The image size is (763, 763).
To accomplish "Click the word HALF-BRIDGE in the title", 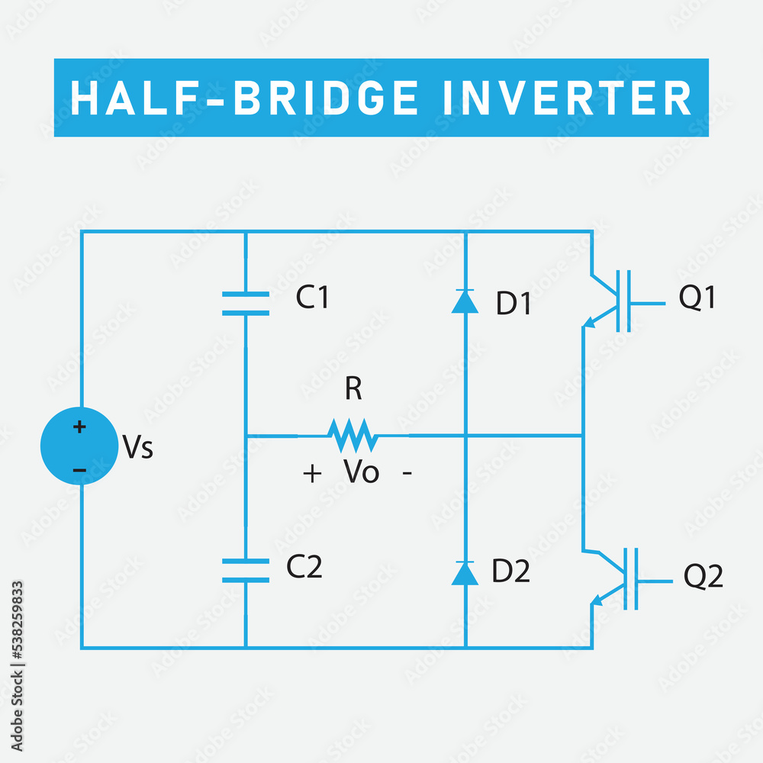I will click(245, 98).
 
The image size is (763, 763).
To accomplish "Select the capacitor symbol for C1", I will click(245, 303).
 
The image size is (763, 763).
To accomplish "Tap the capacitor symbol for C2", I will click(245, 570).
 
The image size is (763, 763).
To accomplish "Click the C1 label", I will click(312, 298).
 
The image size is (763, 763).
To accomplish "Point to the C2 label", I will click(304, 567).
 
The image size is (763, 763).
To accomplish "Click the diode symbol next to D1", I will click(465, 301).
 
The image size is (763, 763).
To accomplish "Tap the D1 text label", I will click(513, 304).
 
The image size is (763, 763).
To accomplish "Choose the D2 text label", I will click(510, 571).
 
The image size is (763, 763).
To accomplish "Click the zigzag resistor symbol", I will click(353, 436).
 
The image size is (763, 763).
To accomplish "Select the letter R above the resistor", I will click(353, 389).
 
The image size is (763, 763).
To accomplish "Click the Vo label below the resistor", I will click(362, 473).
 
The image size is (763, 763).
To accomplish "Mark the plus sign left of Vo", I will click(312, 474).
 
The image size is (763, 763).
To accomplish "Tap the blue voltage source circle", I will click(79, 447).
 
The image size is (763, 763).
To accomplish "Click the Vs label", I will click(138, 448).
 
